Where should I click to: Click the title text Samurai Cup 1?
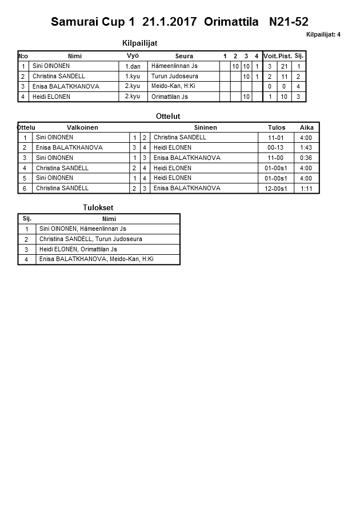tap(93, 22)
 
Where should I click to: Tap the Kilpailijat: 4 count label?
tap(323, 35)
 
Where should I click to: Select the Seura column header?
tap(184, 56)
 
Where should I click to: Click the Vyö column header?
tap(133, 55)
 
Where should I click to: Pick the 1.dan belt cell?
tap(133, 66)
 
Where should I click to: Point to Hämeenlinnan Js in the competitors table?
tap(174, 66)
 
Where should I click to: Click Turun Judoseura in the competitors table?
tap(175, 76)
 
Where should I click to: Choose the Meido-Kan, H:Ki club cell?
tap(173, 86)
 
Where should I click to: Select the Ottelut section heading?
tap(168, 116)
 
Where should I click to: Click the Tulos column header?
tap(276, 127)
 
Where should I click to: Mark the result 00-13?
tap(276, 147)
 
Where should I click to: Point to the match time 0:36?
tap(306, 158)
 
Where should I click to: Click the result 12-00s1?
tap(276, 189)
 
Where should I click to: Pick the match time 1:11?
tap(306, 189)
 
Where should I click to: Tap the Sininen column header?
tap(205, 127)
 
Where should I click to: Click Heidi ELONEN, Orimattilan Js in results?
tap(78, 249)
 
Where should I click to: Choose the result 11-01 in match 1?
tap(276, 138)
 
